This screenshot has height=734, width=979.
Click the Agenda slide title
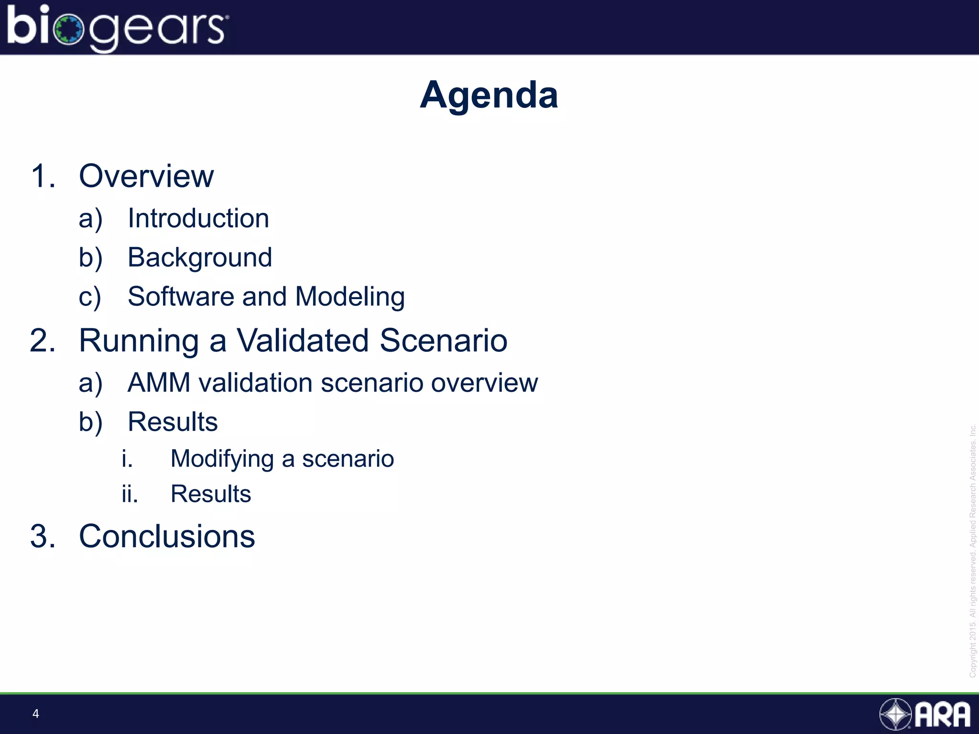pyautogui.click(x=489, y=95)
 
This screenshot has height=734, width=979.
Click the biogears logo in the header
pyautogui.click(x=117, y=28)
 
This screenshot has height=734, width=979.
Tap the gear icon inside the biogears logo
pyautogui.click(x=69, y=30)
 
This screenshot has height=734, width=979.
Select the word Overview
pyautogui.click(x=146, y=176)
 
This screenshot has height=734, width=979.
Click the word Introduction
pyautogui.click(x=198, y=219)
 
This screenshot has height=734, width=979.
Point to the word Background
pyautogui.click(x=200, y=258)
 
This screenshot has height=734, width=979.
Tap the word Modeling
pyautogui.click(x=350, y=297)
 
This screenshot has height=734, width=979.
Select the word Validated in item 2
pyautogui.click(x=303, y=341)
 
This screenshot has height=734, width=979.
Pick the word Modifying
pyautogui.click(x=222, y=459)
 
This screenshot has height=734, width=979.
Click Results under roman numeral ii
pyautogui.click(x=210, y=494)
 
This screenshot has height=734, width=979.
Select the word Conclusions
pyautogui.click(x=167, y=536)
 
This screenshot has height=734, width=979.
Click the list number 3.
pyautogui.click(x=43, y=536)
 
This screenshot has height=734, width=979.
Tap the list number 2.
pyautogui.click(x=43, y=341)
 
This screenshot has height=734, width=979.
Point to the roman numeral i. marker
pyautogui.click(x=127, y=459)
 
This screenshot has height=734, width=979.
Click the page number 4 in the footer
pyautogui.click(x=35, y=714)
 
